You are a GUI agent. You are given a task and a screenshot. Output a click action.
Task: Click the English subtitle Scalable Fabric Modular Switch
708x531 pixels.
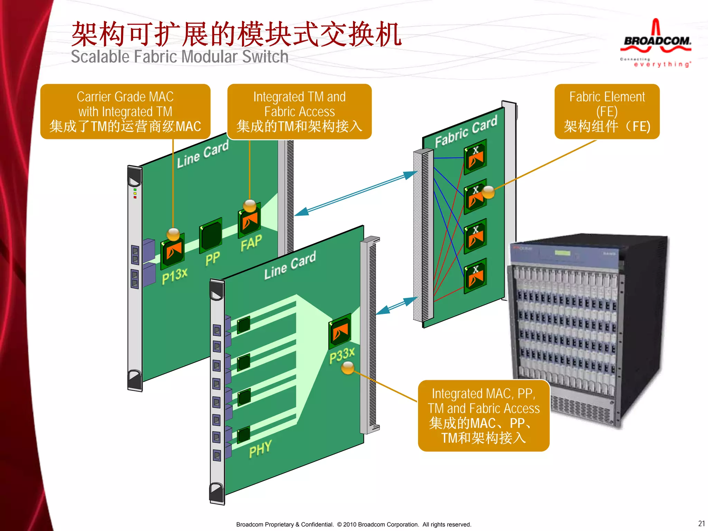coord(179,57)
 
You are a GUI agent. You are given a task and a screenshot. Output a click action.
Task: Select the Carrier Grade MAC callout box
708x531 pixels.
coord(125,111)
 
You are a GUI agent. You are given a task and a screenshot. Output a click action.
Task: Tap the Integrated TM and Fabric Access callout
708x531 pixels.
coord(299,111)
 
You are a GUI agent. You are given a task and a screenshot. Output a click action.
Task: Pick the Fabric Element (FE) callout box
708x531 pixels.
coord(607,111)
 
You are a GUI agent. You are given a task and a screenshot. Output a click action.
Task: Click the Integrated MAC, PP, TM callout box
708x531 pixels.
coord(483,416)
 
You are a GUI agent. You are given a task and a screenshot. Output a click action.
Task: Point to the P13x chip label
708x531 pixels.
coord(175,276)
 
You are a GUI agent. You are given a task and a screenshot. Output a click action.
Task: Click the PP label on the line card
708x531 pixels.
coord(212,258)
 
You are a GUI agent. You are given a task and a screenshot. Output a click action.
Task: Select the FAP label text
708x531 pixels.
coord(251,243)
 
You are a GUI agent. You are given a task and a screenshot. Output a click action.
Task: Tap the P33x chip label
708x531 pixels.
coord(342,355)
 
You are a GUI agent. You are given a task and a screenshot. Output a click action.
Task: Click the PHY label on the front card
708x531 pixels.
coord(260,449)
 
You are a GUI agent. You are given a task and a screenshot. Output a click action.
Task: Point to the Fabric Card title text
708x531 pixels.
coord(466,131)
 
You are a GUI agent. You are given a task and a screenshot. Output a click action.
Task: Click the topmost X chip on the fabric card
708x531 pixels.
coord(475,157)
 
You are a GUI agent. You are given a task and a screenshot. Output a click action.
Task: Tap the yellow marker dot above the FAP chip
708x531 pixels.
coord(250,205)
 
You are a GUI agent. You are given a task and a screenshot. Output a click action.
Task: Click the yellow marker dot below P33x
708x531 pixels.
coord(348,368)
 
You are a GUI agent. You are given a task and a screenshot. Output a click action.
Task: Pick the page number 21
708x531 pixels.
coord(701,523)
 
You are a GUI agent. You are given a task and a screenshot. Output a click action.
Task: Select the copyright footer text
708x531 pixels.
coord(353,524)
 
